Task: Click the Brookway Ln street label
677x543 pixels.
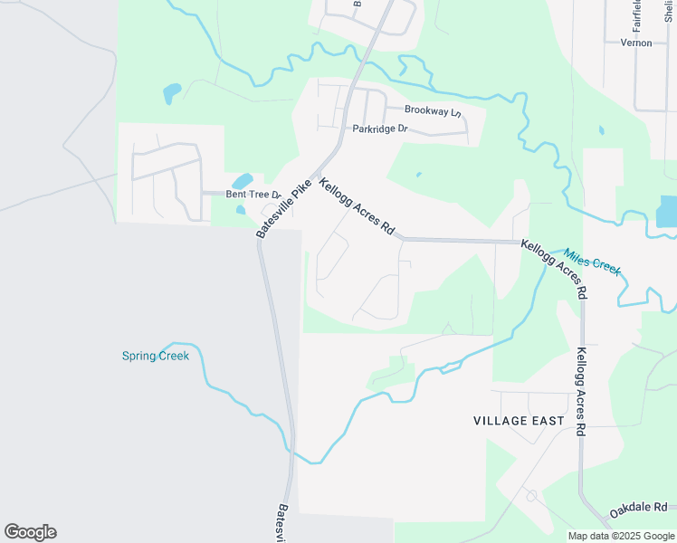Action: click(433, 110)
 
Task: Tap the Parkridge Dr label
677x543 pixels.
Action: click(381, 129)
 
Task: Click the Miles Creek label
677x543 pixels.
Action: click(593, 262)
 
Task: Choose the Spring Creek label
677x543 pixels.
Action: click(156, 356)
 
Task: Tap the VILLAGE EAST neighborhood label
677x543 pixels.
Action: click(519, 421)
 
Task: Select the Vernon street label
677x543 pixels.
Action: click(636, 43)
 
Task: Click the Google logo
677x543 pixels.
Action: click(30, 532)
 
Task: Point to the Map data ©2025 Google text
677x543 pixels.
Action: click(622, 536)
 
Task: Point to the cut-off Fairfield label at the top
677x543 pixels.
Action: click(636, 11)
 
